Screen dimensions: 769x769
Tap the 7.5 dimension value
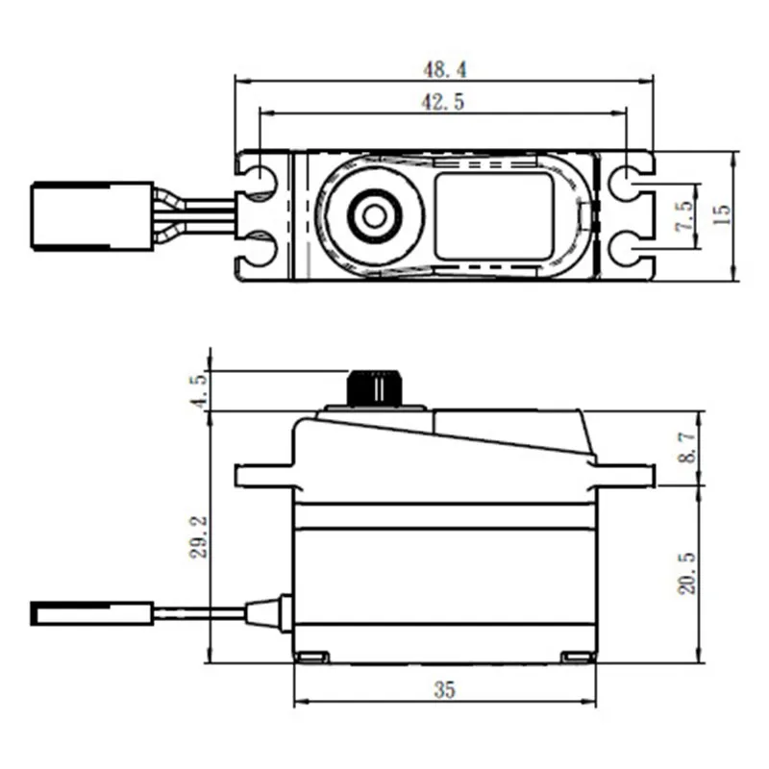point(683,215)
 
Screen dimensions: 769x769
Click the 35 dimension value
point(443,689)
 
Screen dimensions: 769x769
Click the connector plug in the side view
point(92,611)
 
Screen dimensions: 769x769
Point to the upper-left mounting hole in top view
point(259,180)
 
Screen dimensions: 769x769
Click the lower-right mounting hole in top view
point(627,252)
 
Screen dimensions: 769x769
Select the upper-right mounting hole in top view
point(627,180)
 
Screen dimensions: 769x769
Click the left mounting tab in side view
point(262,475)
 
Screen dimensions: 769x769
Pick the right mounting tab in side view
point(625,475)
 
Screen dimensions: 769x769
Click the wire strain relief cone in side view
point(268,611)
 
